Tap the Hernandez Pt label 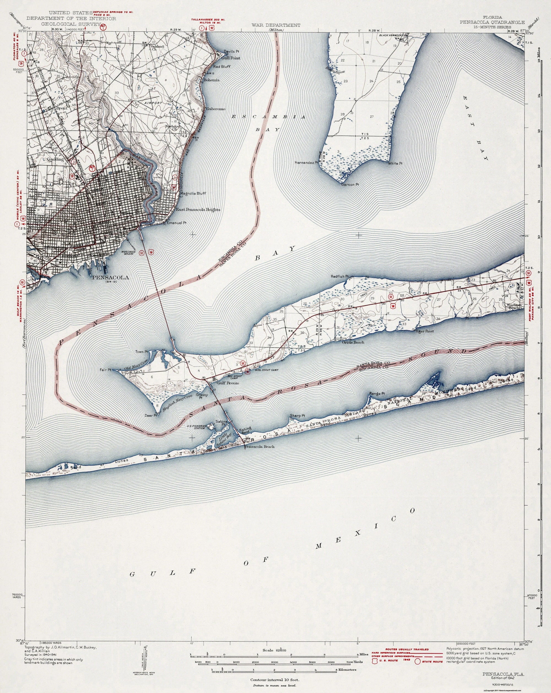tap(306, 163)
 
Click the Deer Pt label tap(151, 415)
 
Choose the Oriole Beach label tap(353, 342)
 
